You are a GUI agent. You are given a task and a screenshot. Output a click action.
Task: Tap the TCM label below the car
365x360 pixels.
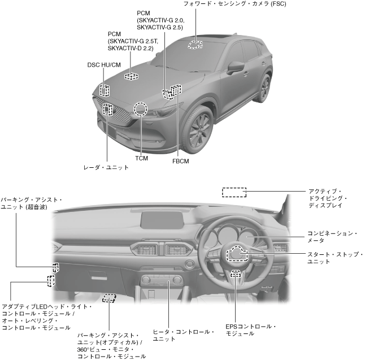coord(142,158)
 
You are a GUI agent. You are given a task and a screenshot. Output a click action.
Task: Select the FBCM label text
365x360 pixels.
coord(180,161)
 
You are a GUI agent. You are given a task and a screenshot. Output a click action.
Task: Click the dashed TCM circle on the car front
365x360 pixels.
coord(140,109)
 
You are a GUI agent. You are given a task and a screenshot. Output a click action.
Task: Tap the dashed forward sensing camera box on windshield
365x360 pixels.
coord(196,44)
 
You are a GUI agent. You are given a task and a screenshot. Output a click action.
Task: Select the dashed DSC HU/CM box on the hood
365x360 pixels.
coord(105,90)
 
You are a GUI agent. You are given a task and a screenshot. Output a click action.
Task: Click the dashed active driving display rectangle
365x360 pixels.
coord(234,192)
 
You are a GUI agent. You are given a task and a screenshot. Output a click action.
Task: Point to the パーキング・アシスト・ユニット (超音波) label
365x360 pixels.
coord(31,203)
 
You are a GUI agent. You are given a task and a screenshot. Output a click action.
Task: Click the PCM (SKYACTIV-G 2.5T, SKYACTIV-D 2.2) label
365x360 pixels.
coord(130,41)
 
